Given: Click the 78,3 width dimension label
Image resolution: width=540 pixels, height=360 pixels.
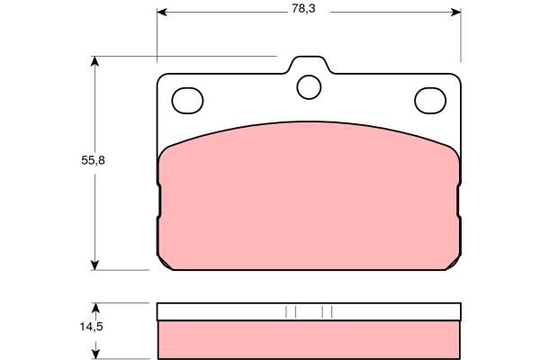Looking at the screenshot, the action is coord(303,9).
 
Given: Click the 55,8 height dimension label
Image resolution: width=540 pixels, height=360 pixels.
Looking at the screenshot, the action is coord(93,160).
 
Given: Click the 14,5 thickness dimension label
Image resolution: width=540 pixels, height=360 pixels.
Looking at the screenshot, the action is coord(92,327).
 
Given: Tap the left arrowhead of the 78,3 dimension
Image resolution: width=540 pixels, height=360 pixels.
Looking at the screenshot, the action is coord(162,12).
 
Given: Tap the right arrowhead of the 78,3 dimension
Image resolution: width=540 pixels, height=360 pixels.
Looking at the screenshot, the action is coord(456,12).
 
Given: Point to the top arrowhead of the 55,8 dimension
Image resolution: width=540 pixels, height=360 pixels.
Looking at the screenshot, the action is coord(94,61).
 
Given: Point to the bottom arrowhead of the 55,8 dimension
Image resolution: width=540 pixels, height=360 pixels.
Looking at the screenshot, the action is coord(94,265).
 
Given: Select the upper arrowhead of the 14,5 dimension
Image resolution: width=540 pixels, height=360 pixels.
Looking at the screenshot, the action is coord(95,308).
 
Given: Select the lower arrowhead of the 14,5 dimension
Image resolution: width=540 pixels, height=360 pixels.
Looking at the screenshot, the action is coord(95,354).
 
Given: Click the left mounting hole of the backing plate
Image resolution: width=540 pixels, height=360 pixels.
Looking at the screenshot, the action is coord(187,101).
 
